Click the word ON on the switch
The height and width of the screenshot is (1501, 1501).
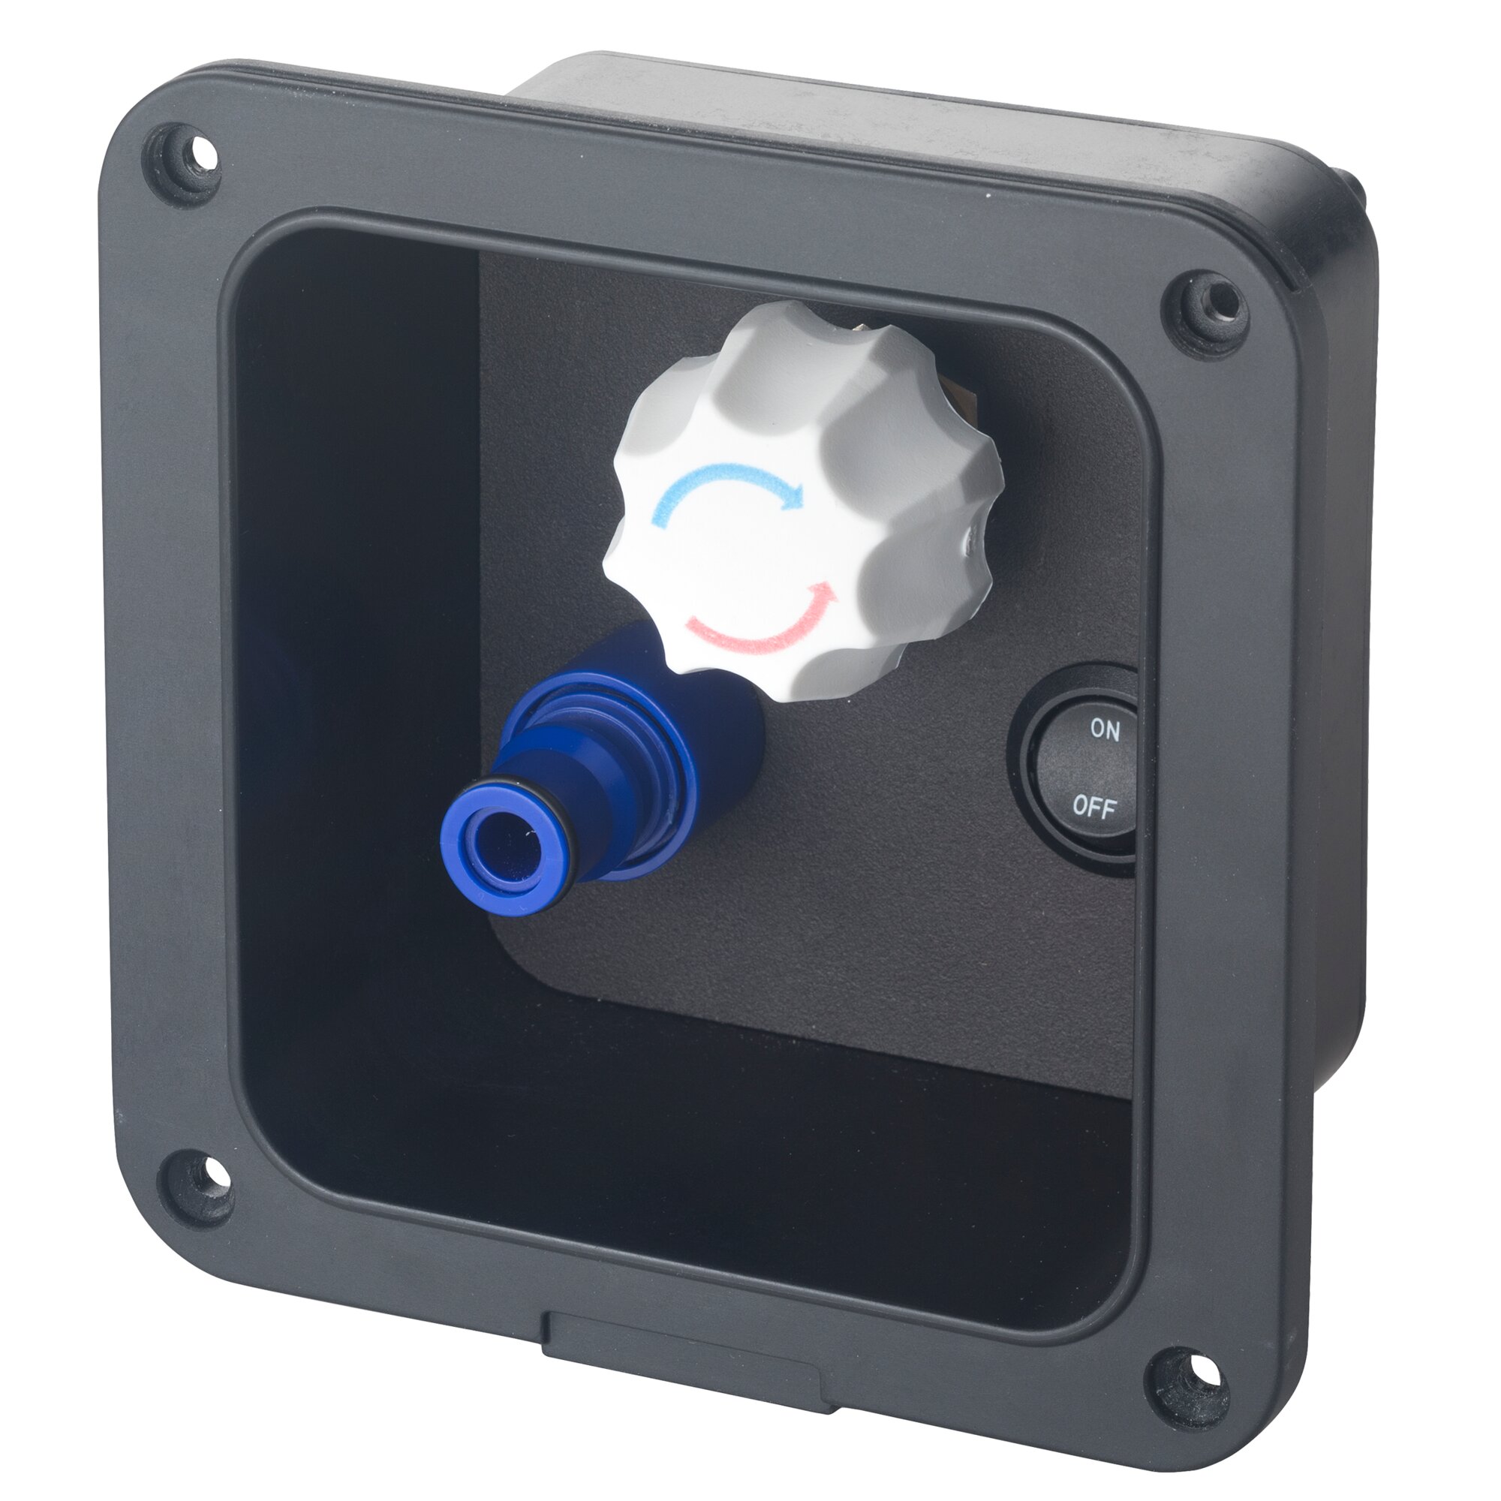[x=1105, y=729]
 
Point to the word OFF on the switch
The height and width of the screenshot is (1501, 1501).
[x=1094, y=805]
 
